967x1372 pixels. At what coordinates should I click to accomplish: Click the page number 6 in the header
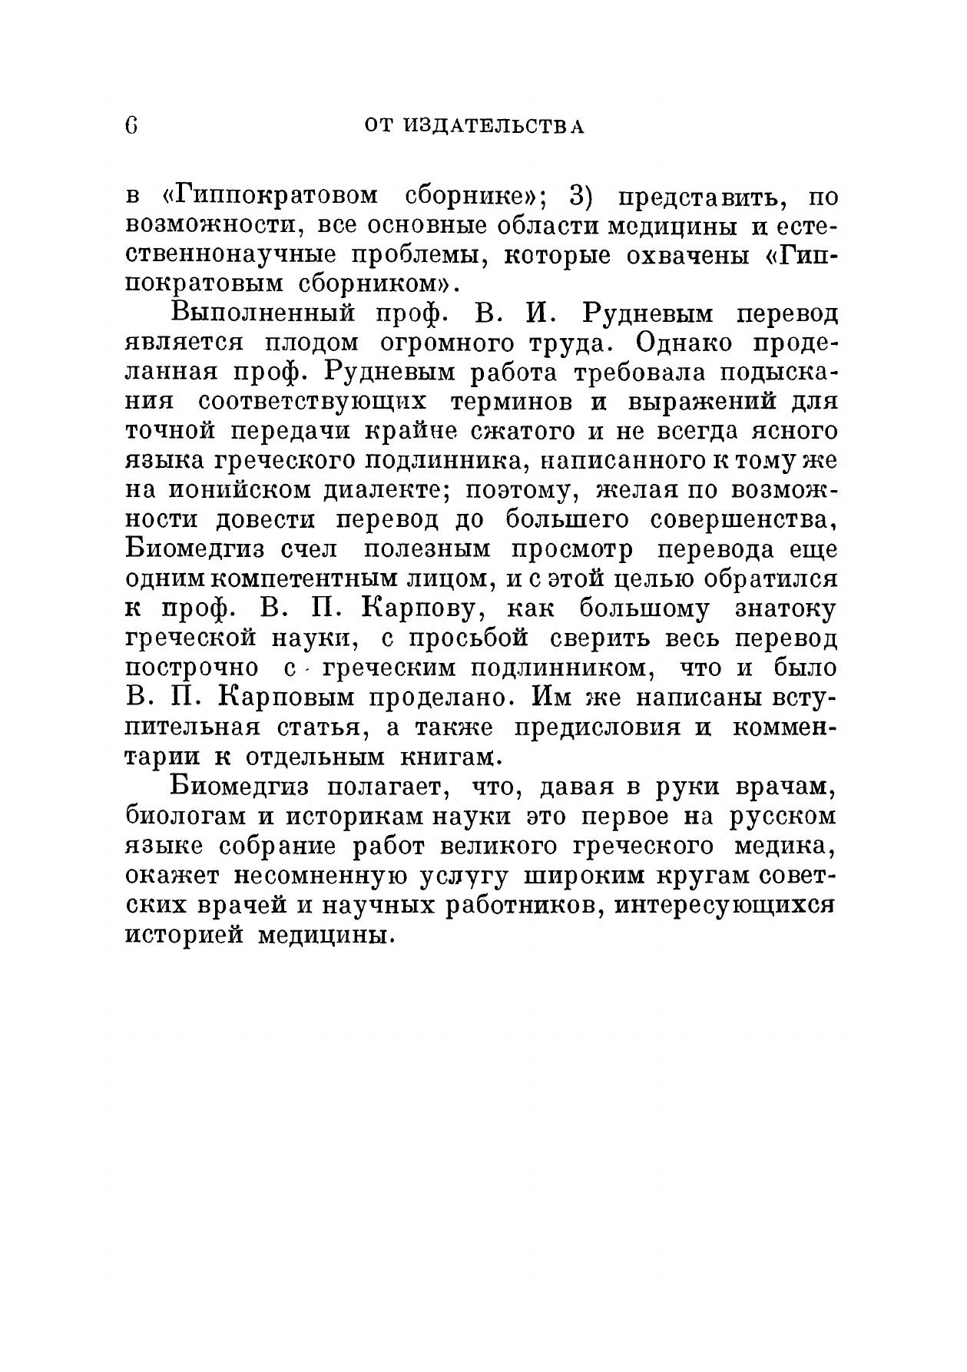131,125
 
